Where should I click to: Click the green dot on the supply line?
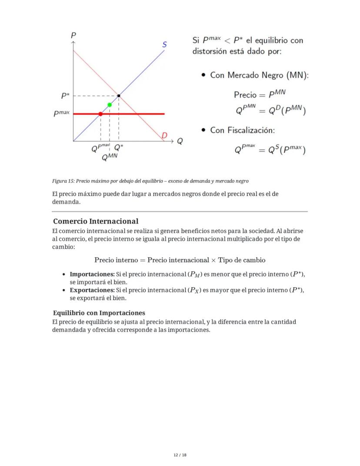point(110,105)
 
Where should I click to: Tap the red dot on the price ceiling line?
point(100,114)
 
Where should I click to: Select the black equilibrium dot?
point(119,95)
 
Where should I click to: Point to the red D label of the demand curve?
point(164,135)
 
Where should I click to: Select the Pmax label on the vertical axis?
point(61,114)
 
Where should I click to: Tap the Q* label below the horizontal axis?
point(119,148)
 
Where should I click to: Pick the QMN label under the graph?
point(110,158)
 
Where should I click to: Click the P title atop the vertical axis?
point(73,35)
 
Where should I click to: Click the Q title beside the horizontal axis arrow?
point(179,141)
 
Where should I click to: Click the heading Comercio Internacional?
point(96,221)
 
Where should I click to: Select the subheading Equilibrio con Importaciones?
point(99,313)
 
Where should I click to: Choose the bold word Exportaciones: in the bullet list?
point(92,290)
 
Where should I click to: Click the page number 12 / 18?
point(180,455)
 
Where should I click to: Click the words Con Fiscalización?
point(242,130)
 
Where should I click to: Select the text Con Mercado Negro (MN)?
point(259,75)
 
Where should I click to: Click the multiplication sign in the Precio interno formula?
point(213,260)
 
